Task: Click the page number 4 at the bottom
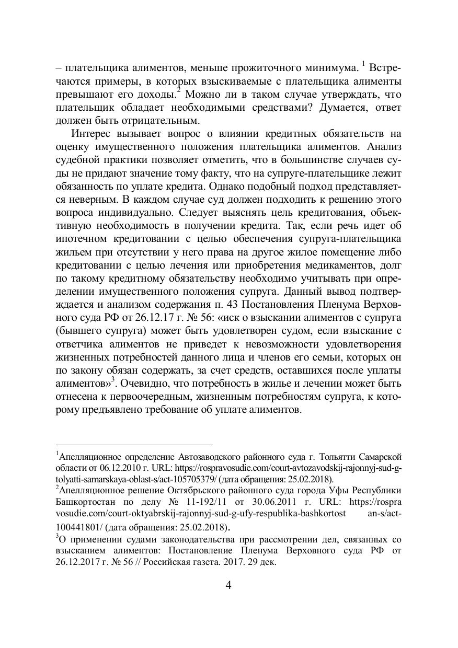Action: point(228,585)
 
